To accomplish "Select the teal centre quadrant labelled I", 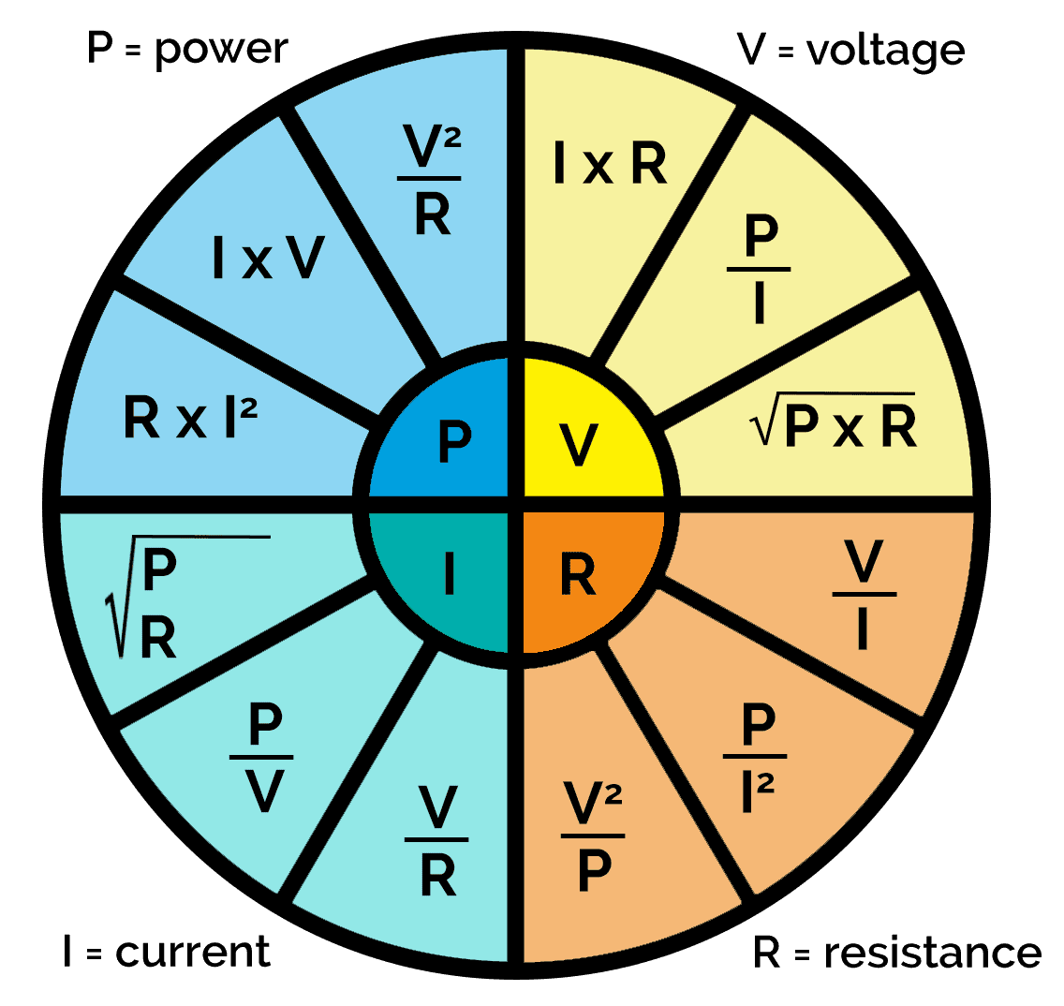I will [x=450, y=575].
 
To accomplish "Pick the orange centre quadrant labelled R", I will [x=579, y=575].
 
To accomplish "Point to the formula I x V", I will [x=268, y=258].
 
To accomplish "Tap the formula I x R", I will [x=610, y=164].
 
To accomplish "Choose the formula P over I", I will [x=759, y=270].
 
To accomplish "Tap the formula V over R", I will [x=437, y=841].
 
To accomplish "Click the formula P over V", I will [x=263, y=757].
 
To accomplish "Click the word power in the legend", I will [x=221, y=47].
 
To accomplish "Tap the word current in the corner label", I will [x=193, y=952].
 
